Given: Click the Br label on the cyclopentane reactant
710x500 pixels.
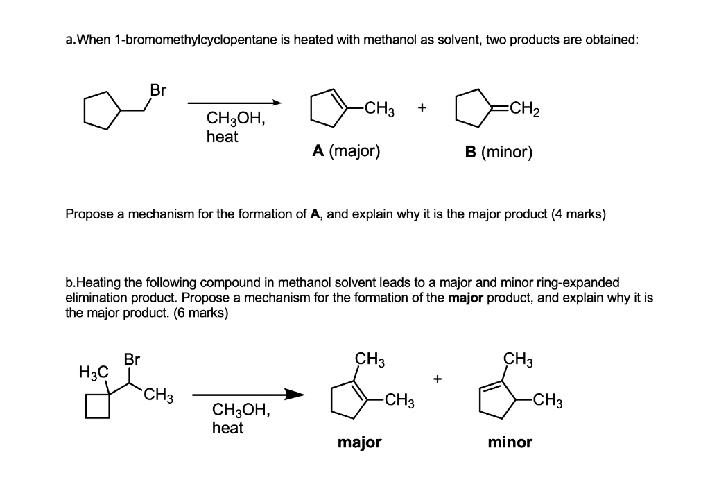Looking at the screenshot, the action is [x=158, y=90].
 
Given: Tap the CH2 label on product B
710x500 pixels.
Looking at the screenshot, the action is [x=520, y=108].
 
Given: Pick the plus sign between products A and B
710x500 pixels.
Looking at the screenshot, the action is [x=422, y=108].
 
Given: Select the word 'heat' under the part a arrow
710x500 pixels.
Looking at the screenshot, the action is [x=222, y=137].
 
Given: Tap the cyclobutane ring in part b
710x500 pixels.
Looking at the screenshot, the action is [x=97, y=407].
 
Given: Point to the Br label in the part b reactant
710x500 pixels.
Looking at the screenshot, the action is [x=132, y=360].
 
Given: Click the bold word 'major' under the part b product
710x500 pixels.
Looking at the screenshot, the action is [x=359, y=442].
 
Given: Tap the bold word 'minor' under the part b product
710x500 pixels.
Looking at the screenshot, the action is [x=510, y=442].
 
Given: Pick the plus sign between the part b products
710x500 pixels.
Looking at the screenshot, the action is [x=437, y=379].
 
